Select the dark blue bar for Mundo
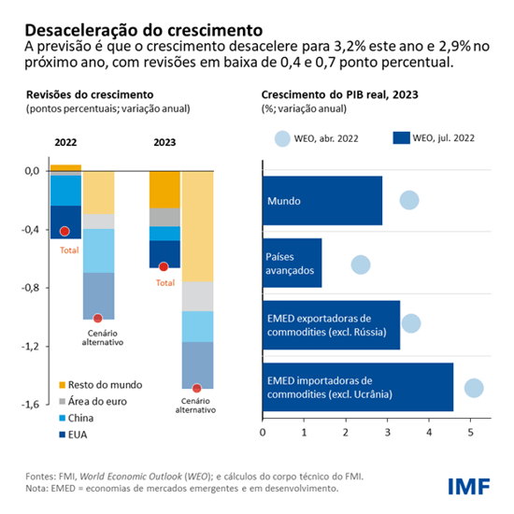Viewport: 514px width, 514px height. pyautogui.click(x=322, y=200)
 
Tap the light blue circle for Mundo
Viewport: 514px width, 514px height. pyautogui.click(x=408, y=200)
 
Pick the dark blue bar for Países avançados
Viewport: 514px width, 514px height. pyautogui.click(x=293, y=263)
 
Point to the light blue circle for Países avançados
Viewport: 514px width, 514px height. pyautogui.click(x=360, y=264)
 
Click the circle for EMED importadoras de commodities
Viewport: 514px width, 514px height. pyautogui.click(x=473, y=388)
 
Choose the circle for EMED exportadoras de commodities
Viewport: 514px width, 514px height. pyautogui.click(x=410, y=323)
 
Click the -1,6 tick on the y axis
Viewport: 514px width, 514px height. pyautogui.click(x=34, y=405)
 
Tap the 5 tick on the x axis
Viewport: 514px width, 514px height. pyautogui.click(x=471, y=433)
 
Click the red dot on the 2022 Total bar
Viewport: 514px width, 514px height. pyautogui.click(x=64, y=231)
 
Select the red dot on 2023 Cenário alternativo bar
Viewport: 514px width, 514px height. pyautogui.click(x=196, y=388)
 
